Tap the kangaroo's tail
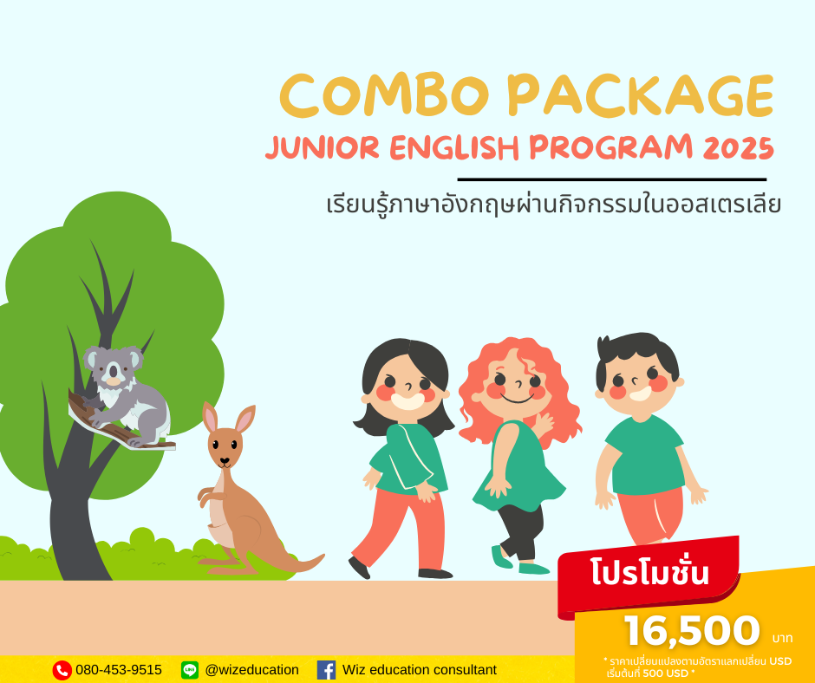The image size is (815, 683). tap(295, 563)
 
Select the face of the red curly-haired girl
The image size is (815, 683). tap(515, 387)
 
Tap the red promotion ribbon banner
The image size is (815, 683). tap(649, 573)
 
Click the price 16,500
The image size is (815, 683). tap(691, 631)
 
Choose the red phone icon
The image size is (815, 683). tap(62, 670)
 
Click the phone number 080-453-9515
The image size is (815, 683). tap(119, 670)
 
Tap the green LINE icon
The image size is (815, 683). tap(190, 670)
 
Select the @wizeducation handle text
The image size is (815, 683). tap(251, 670)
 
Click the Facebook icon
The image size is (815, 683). tap(326, 670)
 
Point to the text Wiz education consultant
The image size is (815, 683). tap(420, 670)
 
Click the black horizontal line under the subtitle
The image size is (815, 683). tap(611, 179)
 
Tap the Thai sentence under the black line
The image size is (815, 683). tap(554, 205)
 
